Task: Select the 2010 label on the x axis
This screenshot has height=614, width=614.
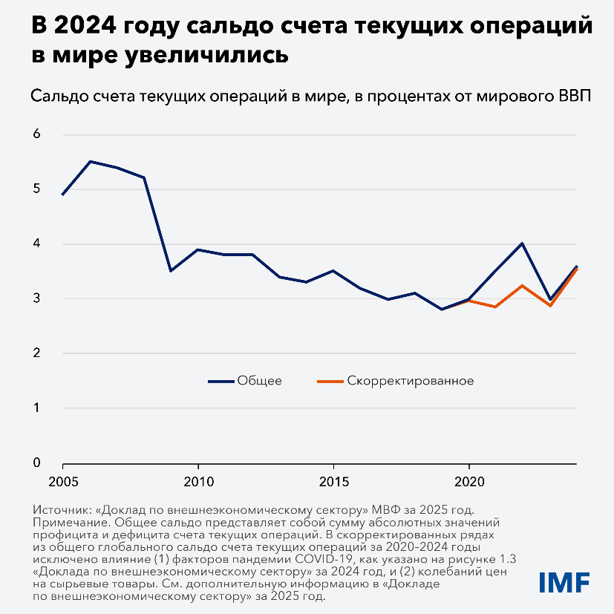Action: [198, 481]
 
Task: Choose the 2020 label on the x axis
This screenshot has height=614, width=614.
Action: [469, 481]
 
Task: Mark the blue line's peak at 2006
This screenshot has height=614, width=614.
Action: [90, 161]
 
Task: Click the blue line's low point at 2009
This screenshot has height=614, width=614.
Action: [171, 271]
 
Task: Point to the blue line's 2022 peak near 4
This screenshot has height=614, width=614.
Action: [523, 244]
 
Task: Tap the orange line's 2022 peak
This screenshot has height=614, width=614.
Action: [523, 285]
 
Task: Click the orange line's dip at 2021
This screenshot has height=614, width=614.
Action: [495, 307]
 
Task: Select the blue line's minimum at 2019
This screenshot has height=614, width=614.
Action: [442, 309]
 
